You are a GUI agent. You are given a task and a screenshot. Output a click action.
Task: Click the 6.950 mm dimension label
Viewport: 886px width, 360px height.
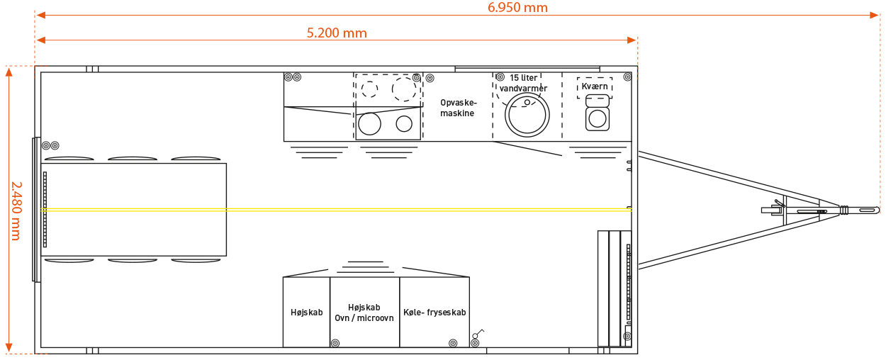pos(517,7)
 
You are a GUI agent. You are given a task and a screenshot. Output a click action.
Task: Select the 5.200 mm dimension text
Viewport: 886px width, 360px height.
pos(337,33)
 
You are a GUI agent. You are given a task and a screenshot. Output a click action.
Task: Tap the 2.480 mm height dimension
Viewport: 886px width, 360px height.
pos(16,211)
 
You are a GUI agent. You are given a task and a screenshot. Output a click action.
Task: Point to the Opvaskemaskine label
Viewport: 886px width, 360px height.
pos(459,108)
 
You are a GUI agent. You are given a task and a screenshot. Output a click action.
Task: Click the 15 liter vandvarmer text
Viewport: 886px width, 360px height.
pos(523,83)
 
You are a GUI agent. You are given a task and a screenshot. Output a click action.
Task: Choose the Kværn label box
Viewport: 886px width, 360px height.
pos(595,87)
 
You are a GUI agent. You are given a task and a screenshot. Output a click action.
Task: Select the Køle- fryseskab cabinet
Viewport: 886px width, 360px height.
pos(434,312)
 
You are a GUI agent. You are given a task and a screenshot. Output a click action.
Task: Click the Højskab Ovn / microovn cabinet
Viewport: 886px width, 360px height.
pos(364,312)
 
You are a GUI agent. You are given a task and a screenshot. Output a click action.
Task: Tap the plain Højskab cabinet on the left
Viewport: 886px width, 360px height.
pos(306,312)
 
